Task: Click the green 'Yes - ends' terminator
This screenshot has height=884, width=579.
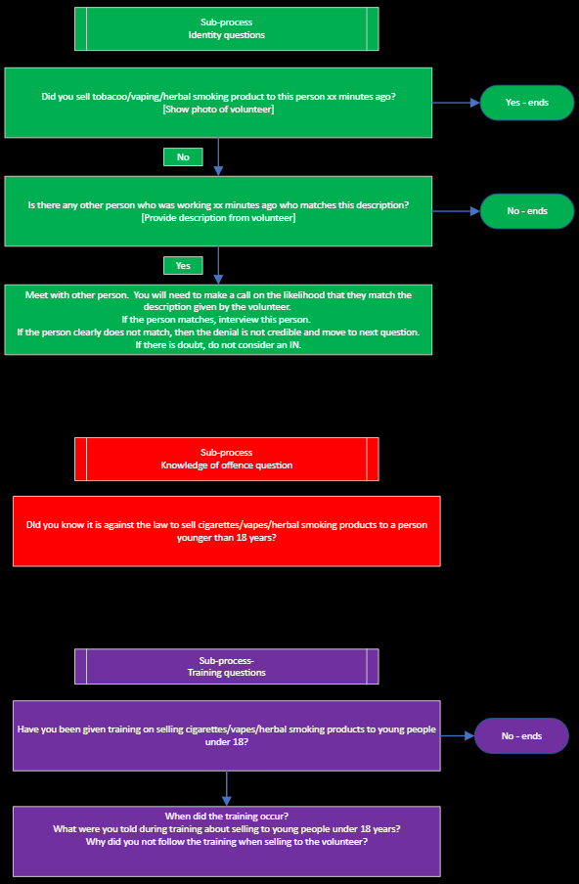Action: pyautogui.click(x=527, y=103)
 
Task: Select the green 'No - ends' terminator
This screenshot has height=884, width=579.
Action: pyautogui.click(x=527, y=211)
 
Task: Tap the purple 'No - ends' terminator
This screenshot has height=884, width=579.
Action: pyautogui.click(x=521, y=735)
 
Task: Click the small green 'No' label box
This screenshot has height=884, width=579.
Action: pyautogui.click(x=183, y=156)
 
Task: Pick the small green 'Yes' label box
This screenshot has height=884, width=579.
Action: pyautogui.click(x=183, y=265)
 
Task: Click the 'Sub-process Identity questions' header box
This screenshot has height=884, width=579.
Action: pyautogui.click(x=227, y=28)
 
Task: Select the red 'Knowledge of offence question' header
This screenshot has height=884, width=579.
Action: pyautogui.click(x=227, y=459)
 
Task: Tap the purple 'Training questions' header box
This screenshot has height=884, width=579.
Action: pyautogui.click(x=227, y=666)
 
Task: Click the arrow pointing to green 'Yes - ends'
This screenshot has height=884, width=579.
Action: pyautogui.click(x=456, y=103)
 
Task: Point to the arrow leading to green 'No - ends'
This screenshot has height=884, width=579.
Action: pyautogui.click(x=456, y=211)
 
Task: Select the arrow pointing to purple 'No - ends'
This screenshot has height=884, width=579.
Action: pyautogui.click(x=457, y=735)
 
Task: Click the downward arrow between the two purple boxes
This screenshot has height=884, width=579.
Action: pyautogui.click(x=227, y=788)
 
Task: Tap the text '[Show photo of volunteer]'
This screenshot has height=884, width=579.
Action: pyautogui.click(x=218, y=109)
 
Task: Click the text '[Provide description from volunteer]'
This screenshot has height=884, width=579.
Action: pyautogui.click(x=218, y=218)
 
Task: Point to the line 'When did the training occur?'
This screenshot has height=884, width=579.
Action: pyautogui.click(x=227, y=816)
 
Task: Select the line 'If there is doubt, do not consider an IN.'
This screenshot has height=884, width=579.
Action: pyautogui.click(x=218, y=345)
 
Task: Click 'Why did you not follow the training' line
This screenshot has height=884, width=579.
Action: pyautogui.click(x=227, y=842)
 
